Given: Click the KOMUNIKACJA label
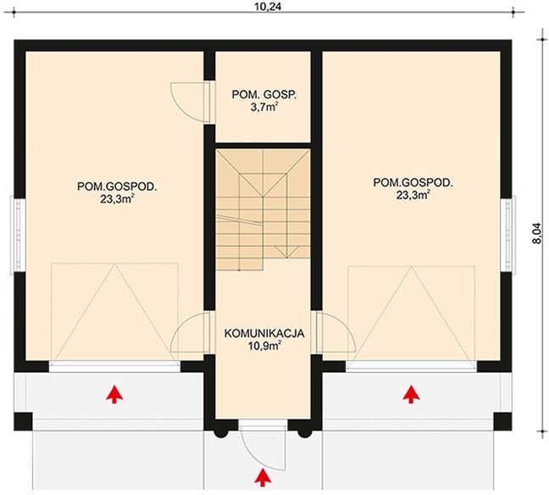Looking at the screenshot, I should (x=263, y=334).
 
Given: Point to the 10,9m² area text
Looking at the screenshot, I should (x=263, y=347).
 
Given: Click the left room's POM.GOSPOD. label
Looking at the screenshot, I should (x=119, y=183).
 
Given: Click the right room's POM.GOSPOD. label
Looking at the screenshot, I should (x=413, y=181).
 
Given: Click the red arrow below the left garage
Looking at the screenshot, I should (x=113, y=392).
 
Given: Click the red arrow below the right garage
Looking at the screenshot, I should (x=411, y=392).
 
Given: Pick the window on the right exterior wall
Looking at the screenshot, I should (x=512, y=235).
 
